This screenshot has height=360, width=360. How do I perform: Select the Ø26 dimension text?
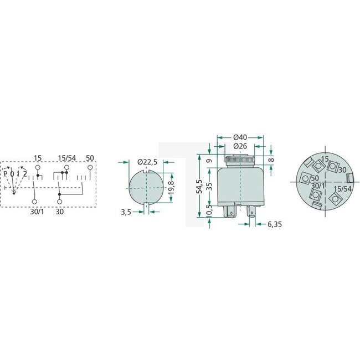240,146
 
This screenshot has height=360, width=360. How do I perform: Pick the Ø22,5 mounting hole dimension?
147,162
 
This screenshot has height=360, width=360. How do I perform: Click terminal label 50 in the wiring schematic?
90,158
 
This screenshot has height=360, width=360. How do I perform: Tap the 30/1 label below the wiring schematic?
36,211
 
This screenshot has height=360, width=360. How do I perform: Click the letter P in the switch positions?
5,174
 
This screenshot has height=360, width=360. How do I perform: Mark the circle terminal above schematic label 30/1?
35,202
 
